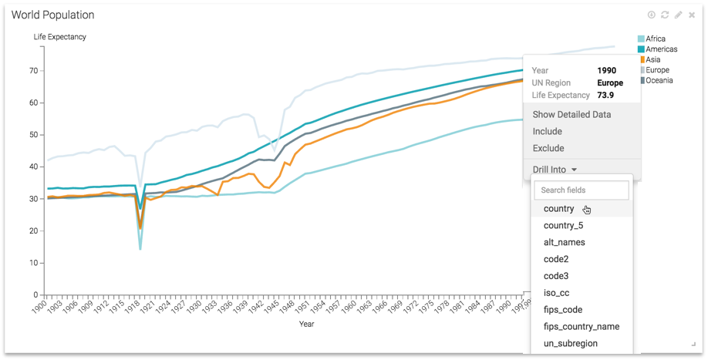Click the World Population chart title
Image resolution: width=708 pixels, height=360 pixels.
(x=52, y=15)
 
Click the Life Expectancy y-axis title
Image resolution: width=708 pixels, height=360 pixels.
(x=59, y=37)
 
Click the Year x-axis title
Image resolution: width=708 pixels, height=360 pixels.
(x=306, y=324)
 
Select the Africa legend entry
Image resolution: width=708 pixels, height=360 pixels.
(x=655, y=39)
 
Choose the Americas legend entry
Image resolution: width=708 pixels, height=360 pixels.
(x=661, y=49)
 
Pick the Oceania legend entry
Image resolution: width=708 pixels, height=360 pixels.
(x=659, y=80)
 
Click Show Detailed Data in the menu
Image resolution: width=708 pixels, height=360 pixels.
(x=571, y=114)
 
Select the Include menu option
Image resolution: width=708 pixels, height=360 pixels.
(x=547, y=131)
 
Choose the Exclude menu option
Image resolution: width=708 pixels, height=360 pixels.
(x=548, y=148)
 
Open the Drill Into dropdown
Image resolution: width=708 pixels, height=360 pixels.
(x=555, y=170)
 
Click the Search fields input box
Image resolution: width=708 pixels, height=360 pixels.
(x=582, y=190)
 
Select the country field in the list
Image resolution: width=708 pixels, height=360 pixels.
(x=559, y=209)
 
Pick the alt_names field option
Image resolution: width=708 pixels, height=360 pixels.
(x=564, y=242)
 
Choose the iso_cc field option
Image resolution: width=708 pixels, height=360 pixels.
(x=556, y=293)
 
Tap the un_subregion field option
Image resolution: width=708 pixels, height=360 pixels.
(x=570, y=343)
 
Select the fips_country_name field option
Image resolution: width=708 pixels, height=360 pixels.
(x=581, y=326)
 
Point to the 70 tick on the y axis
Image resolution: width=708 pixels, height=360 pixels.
(x=34, y=71)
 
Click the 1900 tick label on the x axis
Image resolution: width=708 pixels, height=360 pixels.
(x=39, y=307)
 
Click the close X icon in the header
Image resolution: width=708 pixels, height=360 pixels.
(x=692, y=15)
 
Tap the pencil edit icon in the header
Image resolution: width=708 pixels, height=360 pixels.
(x=678, y=15)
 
